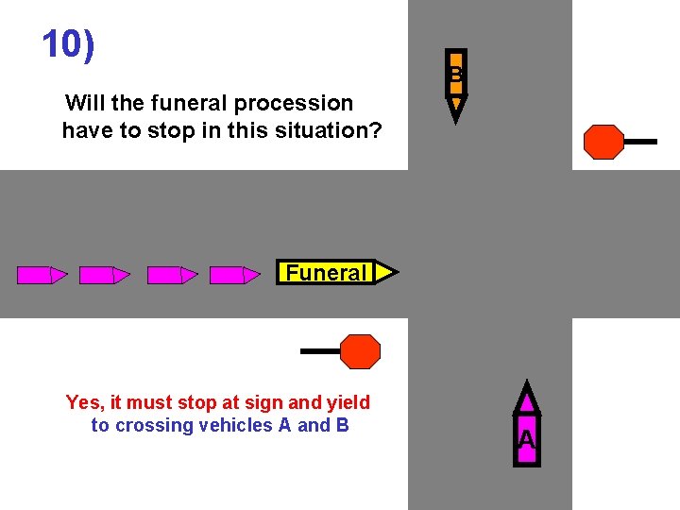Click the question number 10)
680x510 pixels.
(69, 44)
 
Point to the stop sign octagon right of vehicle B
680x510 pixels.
(603, 142)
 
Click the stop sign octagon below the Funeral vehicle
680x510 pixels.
(360, 351)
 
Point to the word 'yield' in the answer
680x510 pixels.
(347, 402)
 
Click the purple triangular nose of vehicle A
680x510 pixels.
(527, 395)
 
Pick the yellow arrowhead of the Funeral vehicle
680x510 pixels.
(386, 273)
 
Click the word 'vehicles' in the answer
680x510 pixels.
(239, 425)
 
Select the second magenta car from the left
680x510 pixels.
(105, 275)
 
